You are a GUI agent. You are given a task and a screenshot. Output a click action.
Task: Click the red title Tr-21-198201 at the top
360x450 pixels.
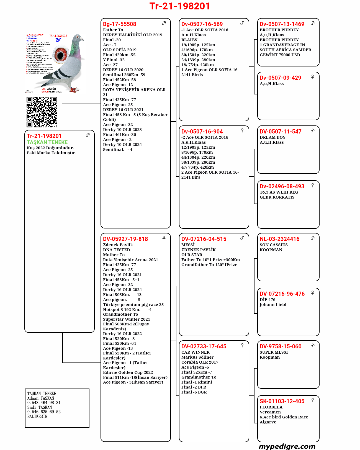(x=180, y=6)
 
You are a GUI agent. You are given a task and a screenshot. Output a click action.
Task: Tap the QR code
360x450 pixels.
(x=42, y=112)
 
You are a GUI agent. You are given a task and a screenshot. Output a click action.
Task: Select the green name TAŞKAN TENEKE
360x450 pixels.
(x=47, y=142)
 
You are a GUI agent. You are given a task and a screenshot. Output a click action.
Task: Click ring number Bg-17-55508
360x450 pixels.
(x=119, y=24)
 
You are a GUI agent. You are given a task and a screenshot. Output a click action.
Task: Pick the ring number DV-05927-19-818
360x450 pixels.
(x=125, y=239)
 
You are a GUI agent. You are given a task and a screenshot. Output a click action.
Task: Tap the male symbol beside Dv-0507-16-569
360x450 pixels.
(x=242, y=23)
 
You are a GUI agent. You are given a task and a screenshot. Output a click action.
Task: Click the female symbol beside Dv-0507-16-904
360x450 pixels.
(x=242, y=130)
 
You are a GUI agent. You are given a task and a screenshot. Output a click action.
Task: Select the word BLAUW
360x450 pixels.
(x=189, y=40)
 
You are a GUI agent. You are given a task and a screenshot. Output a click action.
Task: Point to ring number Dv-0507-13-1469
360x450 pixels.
(x=282, y=24)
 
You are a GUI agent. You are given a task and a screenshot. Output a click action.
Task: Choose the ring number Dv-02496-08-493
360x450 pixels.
(x=282, y=186)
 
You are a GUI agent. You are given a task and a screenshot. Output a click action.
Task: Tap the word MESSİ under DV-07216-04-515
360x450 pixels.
(x=188, y=245)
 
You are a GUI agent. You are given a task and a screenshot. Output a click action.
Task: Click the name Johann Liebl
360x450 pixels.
(x=273, y=305)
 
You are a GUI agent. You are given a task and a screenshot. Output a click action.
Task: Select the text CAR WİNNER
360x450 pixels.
(x=195, y=352)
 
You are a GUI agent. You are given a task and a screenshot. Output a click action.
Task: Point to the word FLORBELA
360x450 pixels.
(x=271, y=407)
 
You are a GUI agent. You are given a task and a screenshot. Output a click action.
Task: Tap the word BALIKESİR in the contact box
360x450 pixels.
(x=37, y=416)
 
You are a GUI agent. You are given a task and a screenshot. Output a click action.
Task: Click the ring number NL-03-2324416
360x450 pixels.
(x=279, y=239)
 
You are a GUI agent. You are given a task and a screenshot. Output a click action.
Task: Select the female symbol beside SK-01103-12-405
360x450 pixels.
(x=312, y=400)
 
